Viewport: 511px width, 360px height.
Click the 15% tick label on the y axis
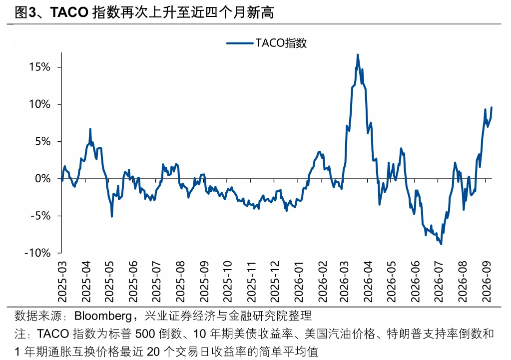click(x=40, y=67)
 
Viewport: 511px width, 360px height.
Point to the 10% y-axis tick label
click(x=40, y=104)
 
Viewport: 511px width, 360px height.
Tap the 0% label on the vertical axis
click(x=42, y=179)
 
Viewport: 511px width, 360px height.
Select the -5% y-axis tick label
click(x=41, y=216)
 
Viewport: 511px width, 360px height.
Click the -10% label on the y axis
click(x=38, y=253)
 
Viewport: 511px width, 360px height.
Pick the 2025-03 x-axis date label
click(x=62, y=282)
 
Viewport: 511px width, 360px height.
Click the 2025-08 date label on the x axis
click(x=180, y=282)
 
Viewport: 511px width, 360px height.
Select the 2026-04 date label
click(x=369, y=282)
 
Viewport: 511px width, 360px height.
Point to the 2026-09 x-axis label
click(x=487, y=282)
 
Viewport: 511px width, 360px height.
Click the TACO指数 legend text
click(x=281, y=43)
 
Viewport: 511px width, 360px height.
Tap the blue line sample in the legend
click(x=240, y=43)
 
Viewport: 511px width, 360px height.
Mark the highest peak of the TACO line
click(x=358, y=55)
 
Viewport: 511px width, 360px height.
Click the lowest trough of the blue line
click(x=441, y=244)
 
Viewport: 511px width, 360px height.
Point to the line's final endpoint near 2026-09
click(x=492, y=107)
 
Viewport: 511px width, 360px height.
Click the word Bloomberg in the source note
click(x=103, y=316)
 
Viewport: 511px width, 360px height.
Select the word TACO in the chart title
click(x=69, y=12)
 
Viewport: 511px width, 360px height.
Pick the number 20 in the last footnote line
click(x=153, y=352)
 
